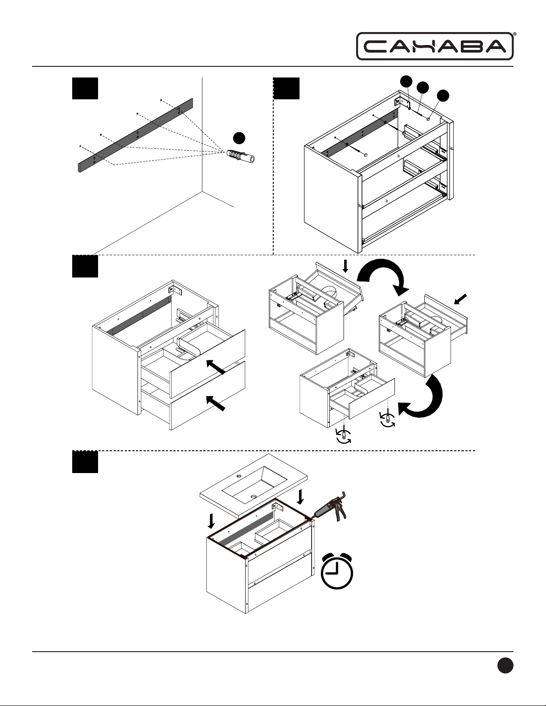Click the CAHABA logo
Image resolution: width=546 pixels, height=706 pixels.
[x=435, y=46]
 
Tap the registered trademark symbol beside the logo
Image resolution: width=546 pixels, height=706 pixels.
[x=515, y=34]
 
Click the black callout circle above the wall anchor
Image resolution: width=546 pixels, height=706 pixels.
[x=239, y=138]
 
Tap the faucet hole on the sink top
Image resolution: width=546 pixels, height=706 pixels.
[x=239, y=476]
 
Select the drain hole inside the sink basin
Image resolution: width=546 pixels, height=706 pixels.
[x=254, y=496]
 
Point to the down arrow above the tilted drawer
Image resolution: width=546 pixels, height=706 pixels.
[x=345, y=266]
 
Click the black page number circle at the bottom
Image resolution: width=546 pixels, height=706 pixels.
[x=505, y=666]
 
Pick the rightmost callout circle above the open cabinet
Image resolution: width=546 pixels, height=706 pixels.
[x=443, y=95]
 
